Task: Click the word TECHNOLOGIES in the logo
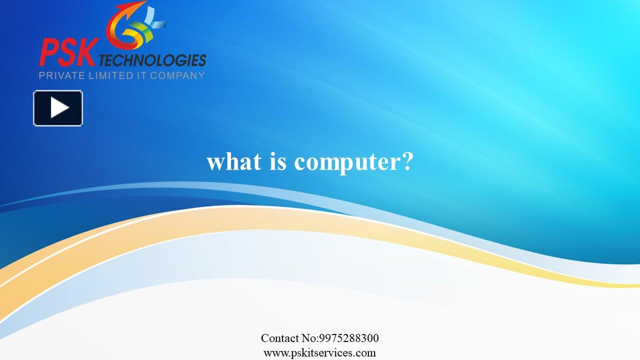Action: coord(152,60)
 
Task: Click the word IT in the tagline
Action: coord(141,76)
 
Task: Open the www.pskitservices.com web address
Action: coord(319,352)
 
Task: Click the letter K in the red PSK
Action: coord(85,52)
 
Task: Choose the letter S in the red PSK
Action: coord(67,52)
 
